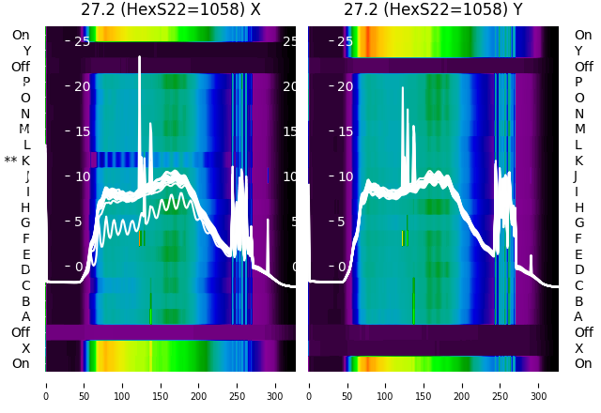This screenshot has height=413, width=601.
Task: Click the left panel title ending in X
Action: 170,10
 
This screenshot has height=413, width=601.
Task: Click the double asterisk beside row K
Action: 11,161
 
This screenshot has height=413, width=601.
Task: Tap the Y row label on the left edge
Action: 26,51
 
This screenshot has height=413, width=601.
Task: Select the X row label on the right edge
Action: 578,348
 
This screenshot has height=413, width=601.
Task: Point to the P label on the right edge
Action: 578,82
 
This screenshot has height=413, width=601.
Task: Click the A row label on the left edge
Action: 26,316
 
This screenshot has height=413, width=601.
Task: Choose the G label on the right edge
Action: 578,222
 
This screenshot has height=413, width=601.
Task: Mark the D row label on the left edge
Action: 26,269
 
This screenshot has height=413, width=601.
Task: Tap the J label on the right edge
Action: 576,176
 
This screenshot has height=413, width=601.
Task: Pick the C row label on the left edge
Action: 26,285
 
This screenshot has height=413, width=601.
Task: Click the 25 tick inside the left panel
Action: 82,41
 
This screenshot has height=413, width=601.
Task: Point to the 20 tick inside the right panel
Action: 345,86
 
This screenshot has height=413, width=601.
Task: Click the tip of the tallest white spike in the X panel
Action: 139,57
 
